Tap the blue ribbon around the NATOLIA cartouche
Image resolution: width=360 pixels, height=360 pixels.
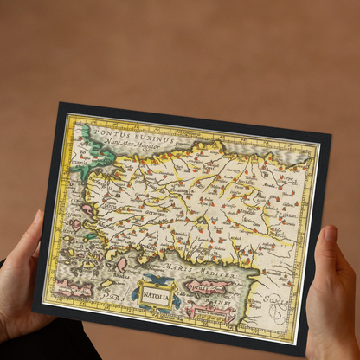(x=156, y=280)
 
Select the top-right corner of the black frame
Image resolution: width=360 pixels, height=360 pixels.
(x=331, y=135)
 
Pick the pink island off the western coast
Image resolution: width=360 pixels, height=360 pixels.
(x=87, y=210)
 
